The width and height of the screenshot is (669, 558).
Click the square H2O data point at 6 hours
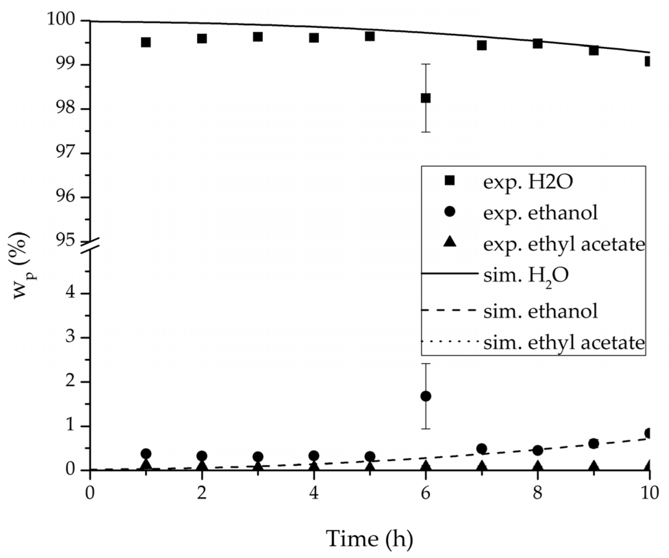(x=425, y=98)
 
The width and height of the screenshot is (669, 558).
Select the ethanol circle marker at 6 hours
(x=425, y=396)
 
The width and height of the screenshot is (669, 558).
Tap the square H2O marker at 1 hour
(x=146, y=42)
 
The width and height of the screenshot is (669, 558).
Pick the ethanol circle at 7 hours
(x=481, y=449)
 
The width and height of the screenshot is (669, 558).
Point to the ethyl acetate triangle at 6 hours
(x=425, y=465)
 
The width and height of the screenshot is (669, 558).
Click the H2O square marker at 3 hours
(x=258, y=37)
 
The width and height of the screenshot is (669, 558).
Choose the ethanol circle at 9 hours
(x=594, y=444)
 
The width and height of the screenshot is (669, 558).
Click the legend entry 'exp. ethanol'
(x=540, y=213)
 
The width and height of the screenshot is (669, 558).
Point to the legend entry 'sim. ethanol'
(x=540, y=311)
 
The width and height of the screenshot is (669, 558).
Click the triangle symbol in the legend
(x=450, y=243)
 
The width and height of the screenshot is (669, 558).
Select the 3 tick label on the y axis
(x=70, y=338)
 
